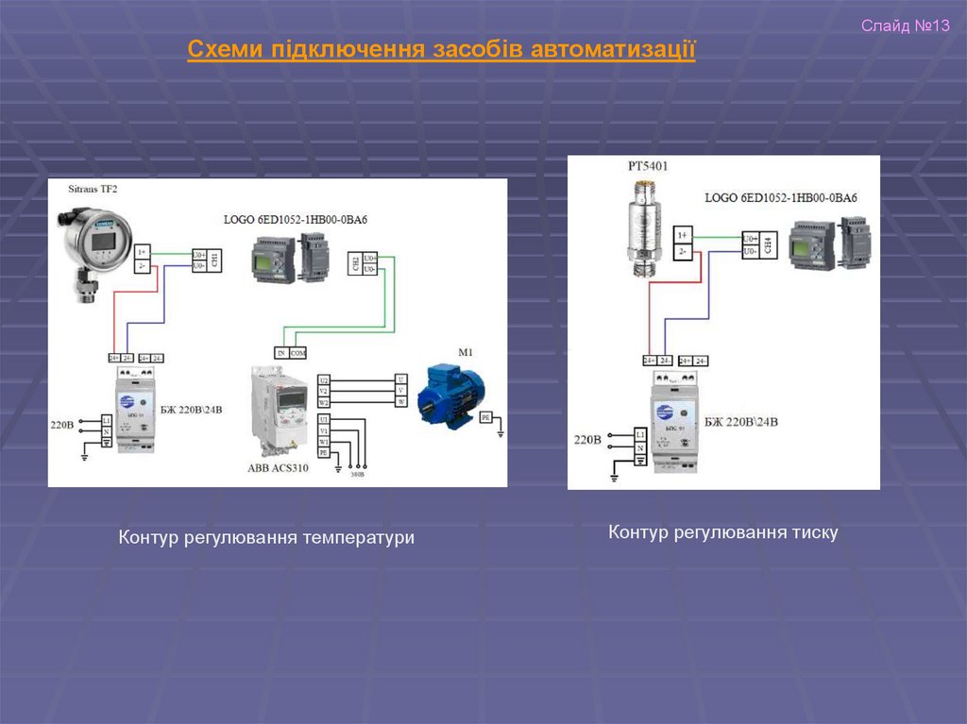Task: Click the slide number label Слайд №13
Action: coord(904,25)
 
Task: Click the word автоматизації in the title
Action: coord(613,49)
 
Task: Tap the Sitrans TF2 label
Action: coord(93,190)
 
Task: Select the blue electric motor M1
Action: coord(454,391)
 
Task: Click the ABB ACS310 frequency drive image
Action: coord(280,412)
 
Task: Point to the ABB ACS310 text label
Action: coord(279,467)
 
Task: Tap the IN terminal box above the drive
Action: coord(280,352)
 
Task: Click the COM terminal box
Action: coord(297,352)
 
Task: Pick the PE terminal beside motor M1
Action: coord(485,416)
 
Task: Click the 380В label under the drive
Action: coord(358,475)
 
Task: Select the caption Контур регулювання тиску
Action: coord(722,532)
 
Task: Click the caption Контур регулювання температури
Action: coord(266,537)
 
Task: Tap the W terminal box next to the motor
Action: coord(400,402)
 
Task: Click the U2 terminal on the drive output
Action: coord(324,379)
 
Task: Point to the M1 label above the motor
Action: coord(465,352)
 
